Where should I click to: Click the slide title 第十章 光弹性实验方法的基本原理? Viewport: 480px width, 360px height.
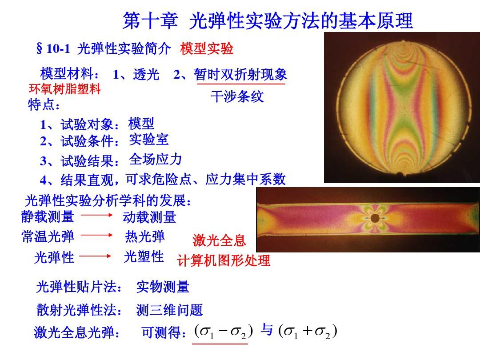268,21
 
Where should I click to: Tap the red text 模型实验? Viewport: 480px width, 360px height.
207,48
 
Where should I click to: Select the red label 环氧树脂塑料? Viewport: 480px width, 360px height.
64,89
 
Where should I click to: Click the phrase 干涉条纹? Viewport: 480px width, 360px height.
237,96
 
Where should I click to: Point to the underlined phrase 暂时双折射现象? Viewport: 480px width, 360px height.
240,74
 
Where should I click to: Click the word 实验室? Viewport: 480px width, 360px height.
149,140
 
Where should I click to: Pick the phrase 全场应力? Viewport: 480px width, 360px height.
156,159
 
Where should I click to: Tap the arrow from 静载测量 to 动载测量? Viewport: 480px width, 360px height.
97,215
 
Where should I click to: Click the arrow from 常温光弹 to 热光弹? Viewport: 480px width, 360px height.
97,235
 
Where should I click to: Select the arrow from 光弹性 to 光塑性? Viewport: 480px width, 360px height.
95,256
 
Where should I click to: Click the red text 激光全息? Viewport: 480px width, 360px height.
219,240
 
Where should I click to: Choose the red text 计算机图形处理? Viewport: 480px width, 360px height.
224,261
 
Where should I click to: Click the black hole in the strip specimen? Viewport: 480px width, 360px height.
375,218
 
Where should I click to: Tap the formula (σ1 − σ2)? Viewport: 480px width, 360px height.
224,331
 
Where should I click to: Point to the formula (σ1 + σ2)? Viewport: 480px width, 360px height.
308,331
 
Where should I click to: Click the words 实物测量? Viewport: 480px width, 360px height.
163,287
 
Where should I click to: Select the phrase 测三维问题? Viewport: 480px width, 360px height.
169,310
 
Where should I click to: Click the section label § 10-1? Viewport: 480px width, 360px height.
53,48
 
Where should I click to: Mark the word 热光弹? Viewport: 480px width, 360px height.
145,236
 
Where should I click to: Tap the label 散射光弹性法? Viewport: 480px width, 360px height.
79,310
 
